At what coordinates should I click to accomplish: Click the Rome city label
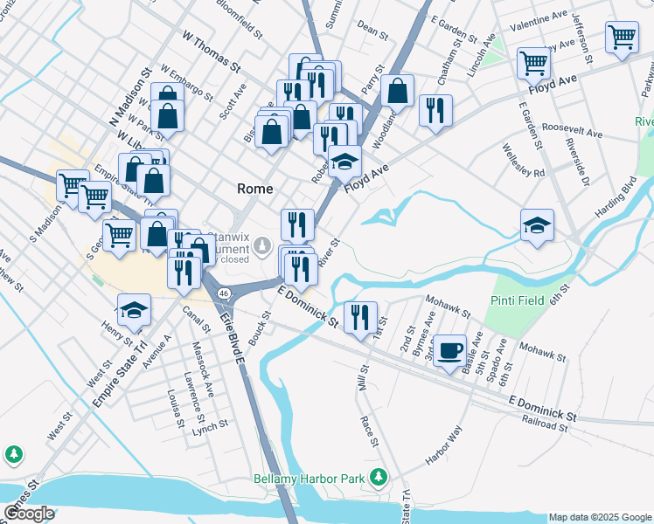(x=255, y=189)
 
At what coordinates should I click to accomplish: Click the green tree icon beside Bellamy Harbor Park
(x=379, y=477)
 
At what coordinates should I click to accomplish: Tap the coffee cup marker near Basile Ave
(x=450, y=351)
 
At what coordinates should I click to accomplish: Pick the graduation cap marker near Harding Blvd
(x=537, y=225)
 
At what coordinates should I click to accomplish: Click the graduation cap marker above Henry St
(x=134, y=309)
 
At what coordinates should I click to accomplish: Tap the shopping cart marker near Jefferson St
(x=621, y=38)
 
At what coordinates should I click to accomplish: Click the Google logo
(x=28, y=514)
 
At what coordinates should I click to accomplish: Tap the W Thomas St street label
(x=211, y=51)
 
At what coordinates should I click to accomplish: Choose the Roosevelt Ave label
(x=572, y=130)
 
